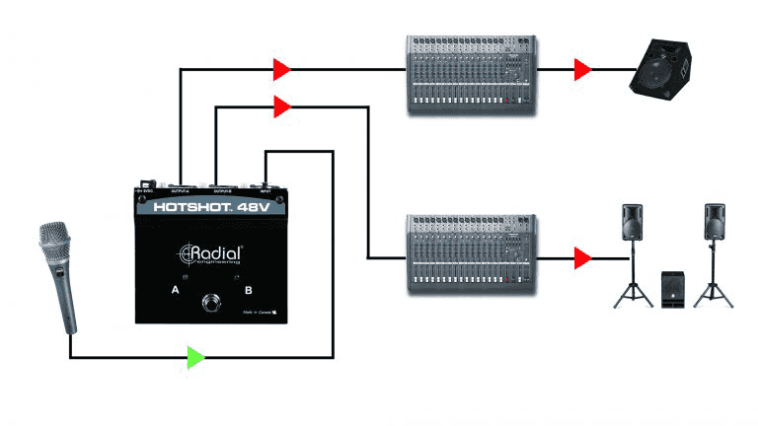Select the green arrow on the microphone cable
pos(197,356)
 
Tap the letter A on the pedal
pos(175,291)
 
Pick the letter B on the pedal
pos(249,291)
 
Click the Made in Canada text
pos(260,314)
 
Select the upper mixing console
pos(472,77)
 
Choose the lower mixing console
pos(472,252)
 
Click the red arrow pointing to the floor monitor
pos(583,69)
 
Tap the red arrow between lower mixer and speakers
pos(583,258)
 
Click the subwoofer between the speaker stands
pos(672,289)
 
